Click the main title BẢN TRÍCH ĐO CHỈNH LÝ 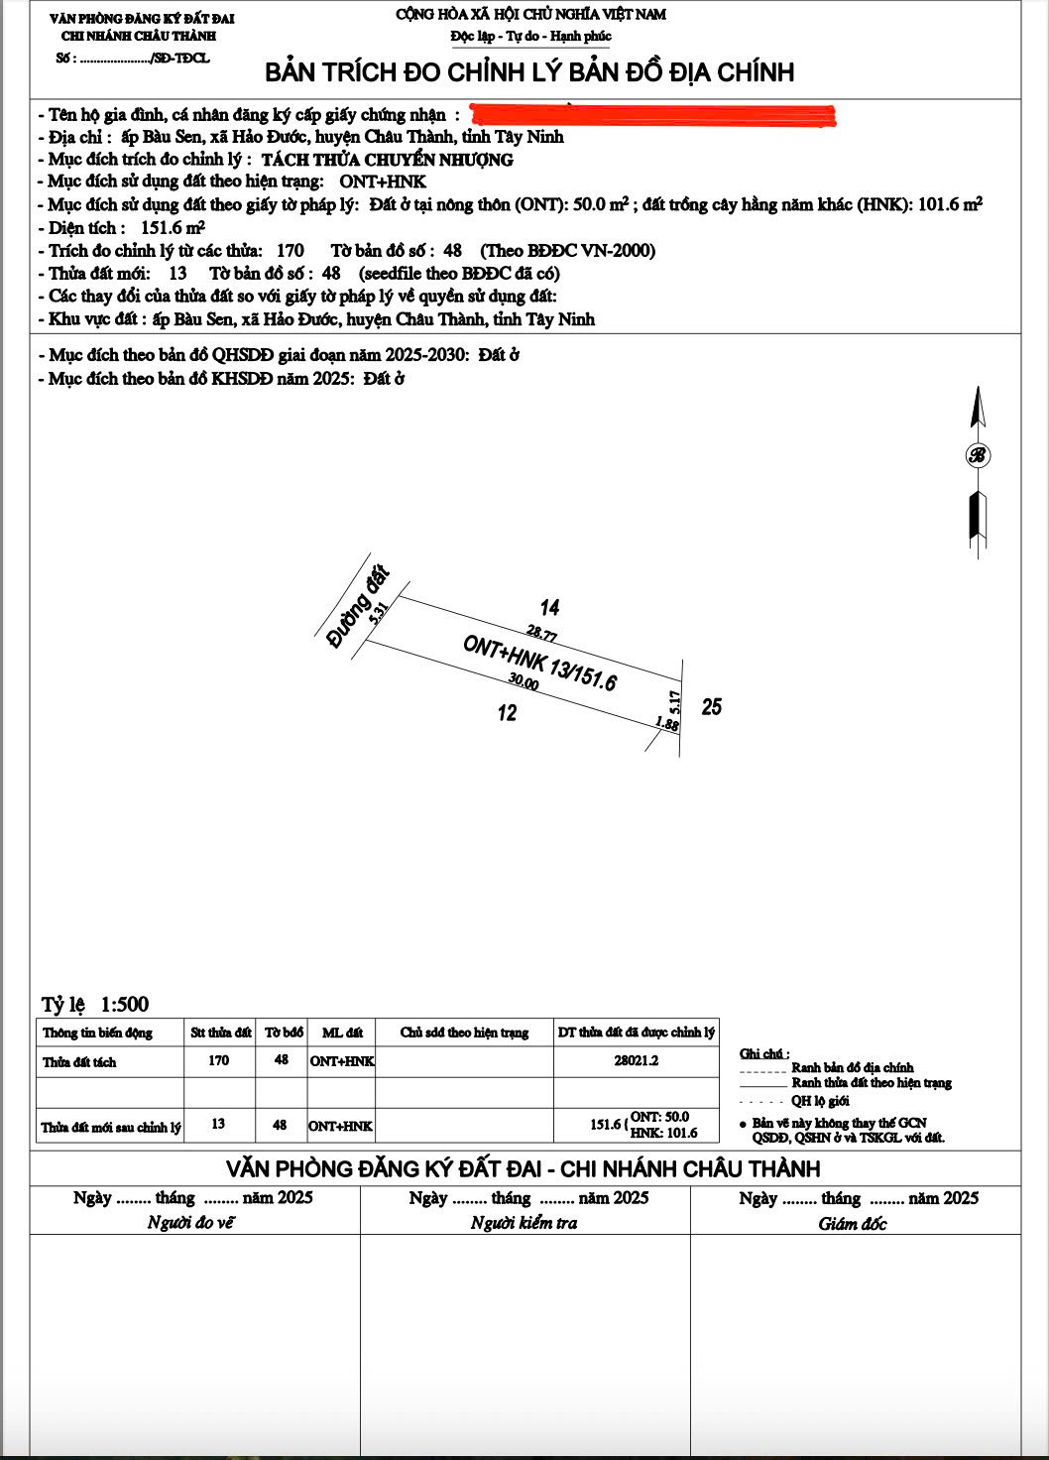pos(529,72)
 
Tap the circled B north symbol pos(978,455)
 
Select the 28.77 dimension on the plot pos(541,634)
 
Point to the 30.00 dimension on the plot pos(524,683)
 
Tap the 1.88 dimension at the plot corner pos(668,725)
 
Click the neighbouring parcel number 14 pos(549,607)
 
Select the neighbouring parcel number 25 pos(711,707)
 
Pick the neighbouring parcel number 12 pos(508,713)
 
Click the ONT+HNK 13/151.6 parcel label pos(540,663)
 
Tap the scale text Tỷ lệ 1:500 pos(95,1005)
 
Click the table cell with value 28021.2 pos(636,1060)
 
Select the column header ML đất pos(341,1033)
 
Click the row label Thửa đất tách pos(79,1062)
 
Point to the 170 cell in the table pos(219,1060)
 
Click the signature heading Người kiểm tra pos(524,1223)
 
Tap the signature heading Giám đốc pos(853,1224)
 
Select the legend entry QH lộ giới pos(819,1101)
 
